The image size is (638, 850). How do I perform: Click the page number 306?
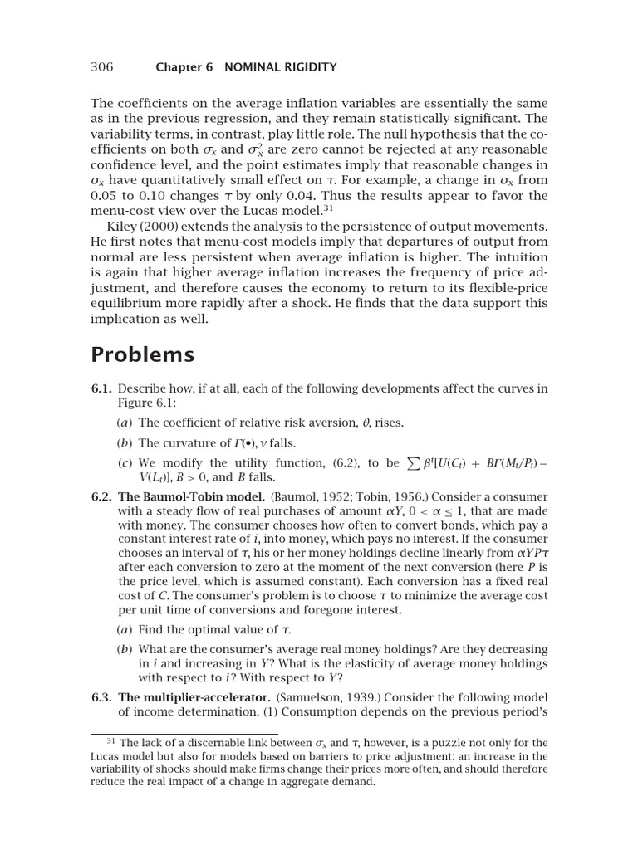pos(101,66)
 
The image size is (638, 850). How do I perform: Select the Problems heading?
pos(142,354)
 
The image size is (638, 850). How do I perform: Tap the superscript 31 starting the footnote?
pos(113,740)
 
